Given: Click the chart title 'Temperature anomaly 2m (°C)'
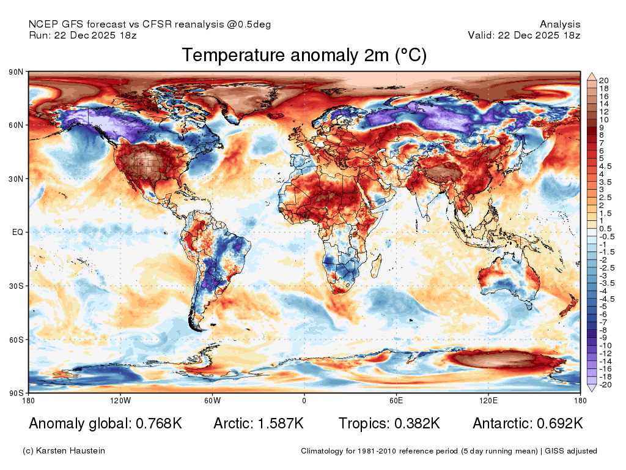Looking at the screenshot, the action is pyautogui.click(x=304, y=55).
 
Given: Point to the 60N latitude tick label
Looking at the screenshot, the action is pyautogui.click(x=17, y=125).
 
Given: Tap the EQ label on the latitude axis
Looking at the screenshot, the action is pyautogui.click(x=18, y=232).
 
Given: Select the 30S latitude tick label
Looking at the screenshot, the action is pyautogui.click(x=17, y=286).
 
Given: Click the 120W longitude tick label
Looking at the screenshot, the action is pyautogui.click(x=120, y=400).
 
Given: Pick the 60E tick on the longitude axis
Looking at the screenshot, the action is pyautogui.click(x=396, y=400).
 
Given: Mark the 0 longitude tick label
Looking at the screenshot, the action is pyautogui.click(x=304, y=400).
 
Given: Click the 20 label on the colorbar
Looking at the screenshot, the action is pyautogui.click(x=603, y=81).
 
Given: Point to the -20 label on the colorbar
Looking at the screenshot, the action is pyautogui.click(x=605, y=385).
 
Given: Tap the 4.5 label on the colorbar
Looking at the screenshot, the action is pyautogui.click(x=605, y=166).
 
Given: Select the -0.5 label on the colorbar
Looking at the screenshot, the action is pyautogui.click(x=607, y=237).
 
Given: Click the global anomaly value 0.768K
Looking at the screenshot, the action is pyautogui.click(x=159, y=423).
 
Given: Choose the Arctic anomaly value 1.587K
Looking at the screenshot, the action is pyautogui.click(x=281, y=423).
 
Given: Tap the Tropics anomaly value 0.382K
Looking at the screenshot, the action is pyautogui.click(x=417, y=423).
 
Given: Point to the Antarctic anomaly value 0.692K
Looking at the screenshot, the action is pyautogui.click(x=560, y=423).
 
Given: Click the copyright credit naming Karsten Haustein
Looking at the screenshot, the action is pyautogui.click(x=64, y=451).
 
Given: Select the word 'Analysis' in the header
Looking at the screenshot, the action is pyautogui.click(x=560, y=24).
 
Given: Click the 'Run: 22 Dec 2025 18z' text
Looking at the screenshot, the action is pyautogui.click(x=83, y=35).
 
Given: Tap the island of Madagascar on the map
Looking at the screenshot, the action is pyautogui.click(x=377, y=266).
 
